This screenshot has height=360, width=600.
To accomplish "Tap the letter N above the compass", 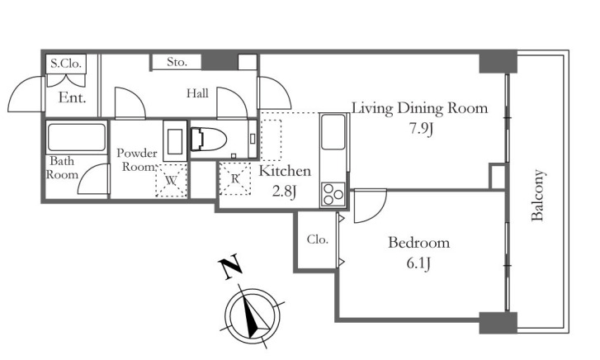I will pyautogui.click(x=229, y=268).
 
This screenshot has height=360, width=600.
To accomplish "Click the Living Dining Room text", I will pyautogui.click(x=419, y=108).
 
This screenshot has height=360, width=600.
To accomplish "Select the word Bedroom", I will pyautogui.click(x=418, y=243).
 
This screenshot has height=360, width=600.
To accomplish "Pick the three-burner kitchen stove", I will pyautogui.click(x=333, y=193).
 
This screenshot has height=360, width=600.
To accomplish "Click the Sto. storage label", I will pyautogui.click(x=177, y=62).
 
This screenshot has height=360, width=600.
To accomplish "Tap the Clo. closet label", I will pyautogui.click(x=318, y=240).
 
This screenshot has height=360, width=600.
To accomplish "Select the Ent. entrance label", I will pyautogui.click(x=73, y=98).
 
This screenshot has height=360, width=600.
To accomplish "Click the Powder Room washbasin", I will pyautogui.click(x=175, y=140).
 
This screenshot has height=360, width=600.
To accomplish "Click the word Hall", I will pyautogui.click(x=196, y=94).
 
